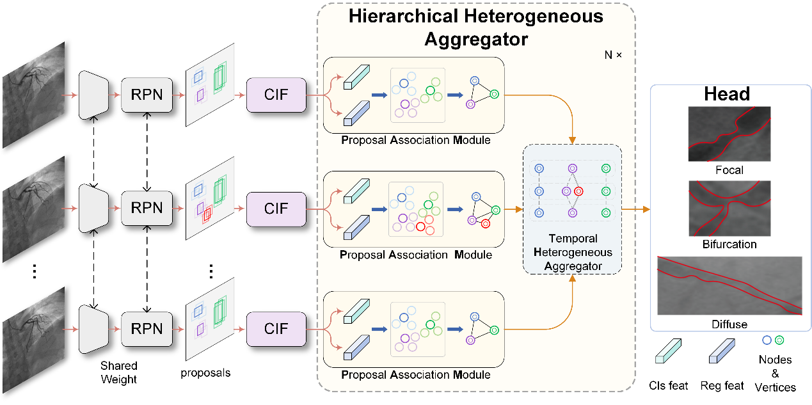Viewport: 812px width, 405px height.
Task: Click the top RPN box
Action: (x=147, y=95)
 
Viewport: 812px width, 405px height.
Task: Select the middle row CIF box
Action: (x=276, y=209)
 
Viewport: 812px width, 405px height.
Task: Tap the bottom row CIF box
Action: (x=276, y=329)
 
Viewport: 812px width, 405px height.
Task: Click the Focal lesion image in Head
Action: (x=729, y=133)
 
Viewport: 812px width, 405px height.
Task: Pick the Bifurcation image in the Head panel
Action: (x=729, y=208)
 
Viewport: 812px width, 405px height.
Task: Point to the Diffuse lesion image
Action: (x=729, y=286)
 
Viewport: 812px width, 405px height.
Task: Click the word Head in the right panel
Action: (x=727, y=95)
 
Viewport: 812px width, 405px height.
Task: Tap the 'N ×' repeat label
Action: (x=612, y=55)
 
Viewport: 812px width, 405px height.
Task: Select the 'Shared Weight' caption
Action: (x=118, y=372)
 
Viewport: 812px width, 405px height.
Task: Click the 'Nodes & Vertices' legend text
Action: (x=775, y=373)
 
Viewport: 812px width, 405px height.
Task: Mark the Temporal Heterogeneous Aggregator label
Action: (x=573, y=252)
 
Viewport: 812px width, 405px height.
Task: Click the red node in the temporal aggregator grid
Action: (x=578, y=191)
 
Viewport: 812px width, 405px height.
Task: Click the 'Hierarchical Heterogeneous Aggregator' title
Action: (x=475, y=26)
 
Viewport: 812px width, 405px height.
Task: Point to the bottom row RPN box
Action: (x=147, y=329)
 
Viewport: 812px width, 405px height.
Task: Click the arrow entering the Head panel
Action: (x=637, y=209)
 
